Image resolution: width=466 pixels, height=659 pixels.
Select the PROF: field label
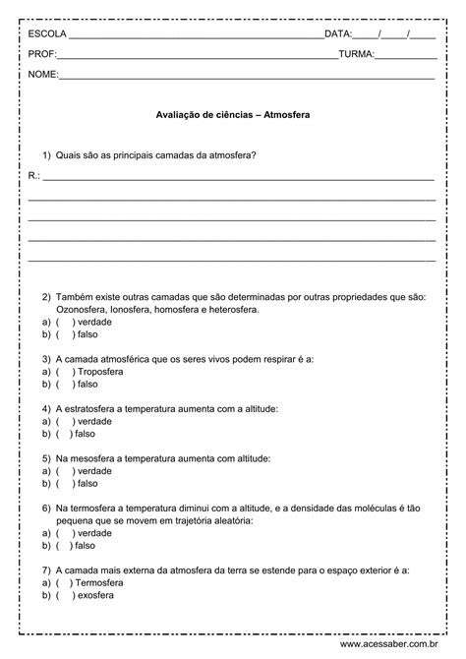[44, 54]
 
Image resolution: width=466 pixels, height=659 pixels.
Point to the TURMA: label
[356, 54]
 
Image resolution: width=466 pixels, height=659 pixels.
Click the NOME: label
[44, 75]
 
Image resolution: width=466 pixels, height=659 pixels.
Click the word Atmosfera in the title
[287, 114]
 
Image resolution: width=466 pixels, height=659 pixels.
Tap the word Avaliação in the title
[177, 114]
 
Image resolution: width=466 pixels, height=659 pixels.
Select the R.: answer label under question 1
[34, 175]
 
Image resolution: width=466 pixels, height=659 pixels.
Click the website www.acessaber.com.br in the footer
[403, 645]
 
